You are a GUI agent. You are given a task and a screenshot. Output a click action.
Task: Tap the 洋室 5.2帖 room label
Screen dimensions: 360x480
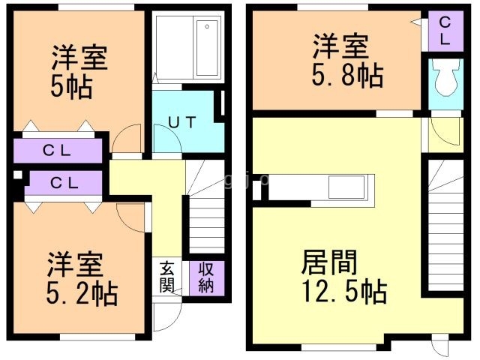[82, 279]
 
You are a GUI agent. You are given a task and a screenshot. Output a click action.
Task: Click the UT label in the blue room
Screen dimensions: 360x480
[183, 121]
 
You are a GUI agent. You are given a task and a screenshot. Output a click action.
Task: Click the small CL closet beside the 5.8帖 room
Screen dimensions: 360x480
[444, 33]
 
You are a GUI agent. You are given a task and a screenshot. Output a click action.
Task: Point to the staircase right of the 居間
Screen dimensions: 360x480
[444, 225]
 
